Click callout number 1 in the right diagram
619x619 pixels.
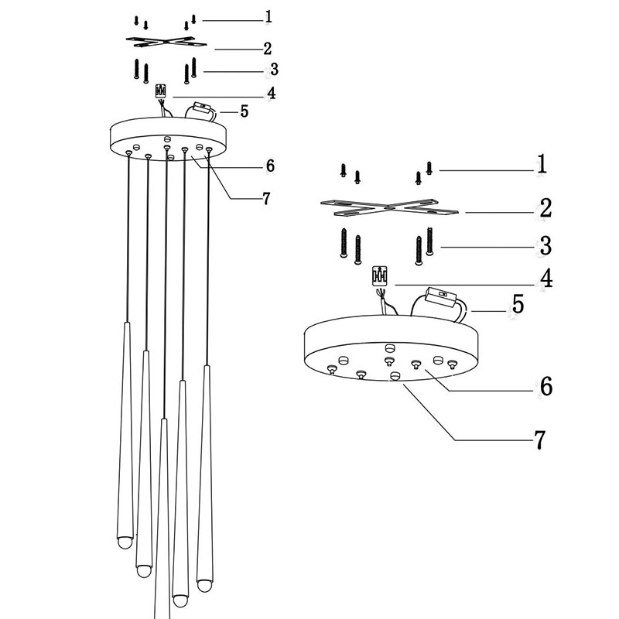542,164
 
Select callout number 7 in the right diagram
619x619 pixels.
539,439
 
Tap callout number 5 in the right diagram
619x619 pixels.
518,304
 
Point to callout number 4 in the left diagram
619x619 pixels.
272,93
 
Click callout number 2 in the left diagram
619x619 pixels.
268,49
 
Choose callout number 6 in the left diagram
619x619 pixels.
270,166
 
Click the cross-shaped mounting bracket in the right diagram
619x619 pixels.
389,207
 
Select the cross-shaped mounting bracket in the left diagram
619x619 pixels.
166,42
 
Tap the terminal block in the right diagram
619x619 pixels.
380,275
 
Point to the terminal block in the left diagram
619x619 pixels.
161,91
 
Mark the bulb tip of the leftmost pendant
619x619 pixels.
125,542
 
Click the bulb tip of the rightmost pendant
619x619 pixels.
204,586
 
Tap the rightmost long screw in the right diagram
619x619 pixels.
429,241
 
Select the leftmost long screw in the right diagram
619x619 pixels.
344,243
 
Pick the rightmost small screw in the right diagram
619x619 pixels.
429,168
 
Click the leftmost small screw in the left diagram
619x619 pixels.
136,21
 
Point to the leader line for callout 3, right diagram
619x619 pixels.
488,247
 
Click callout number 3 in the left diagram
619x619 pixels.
275,70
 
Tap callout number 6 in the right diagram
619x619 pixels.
546,386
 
